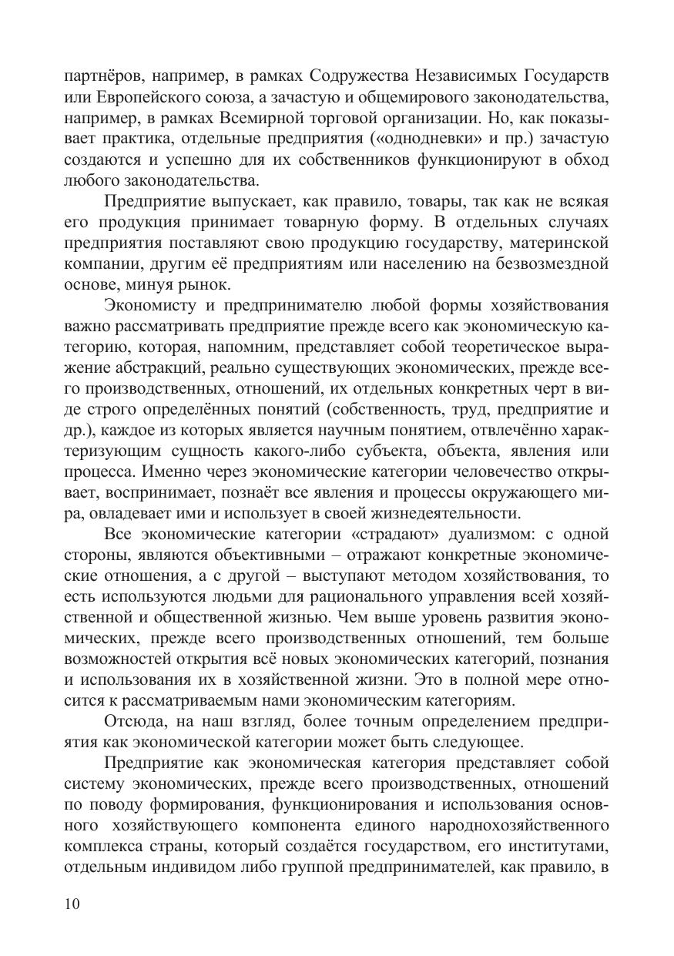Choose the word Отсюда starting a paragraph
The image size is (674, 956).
click(135, 721)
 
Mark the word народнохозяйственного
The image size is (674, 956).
click(511, 825)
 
